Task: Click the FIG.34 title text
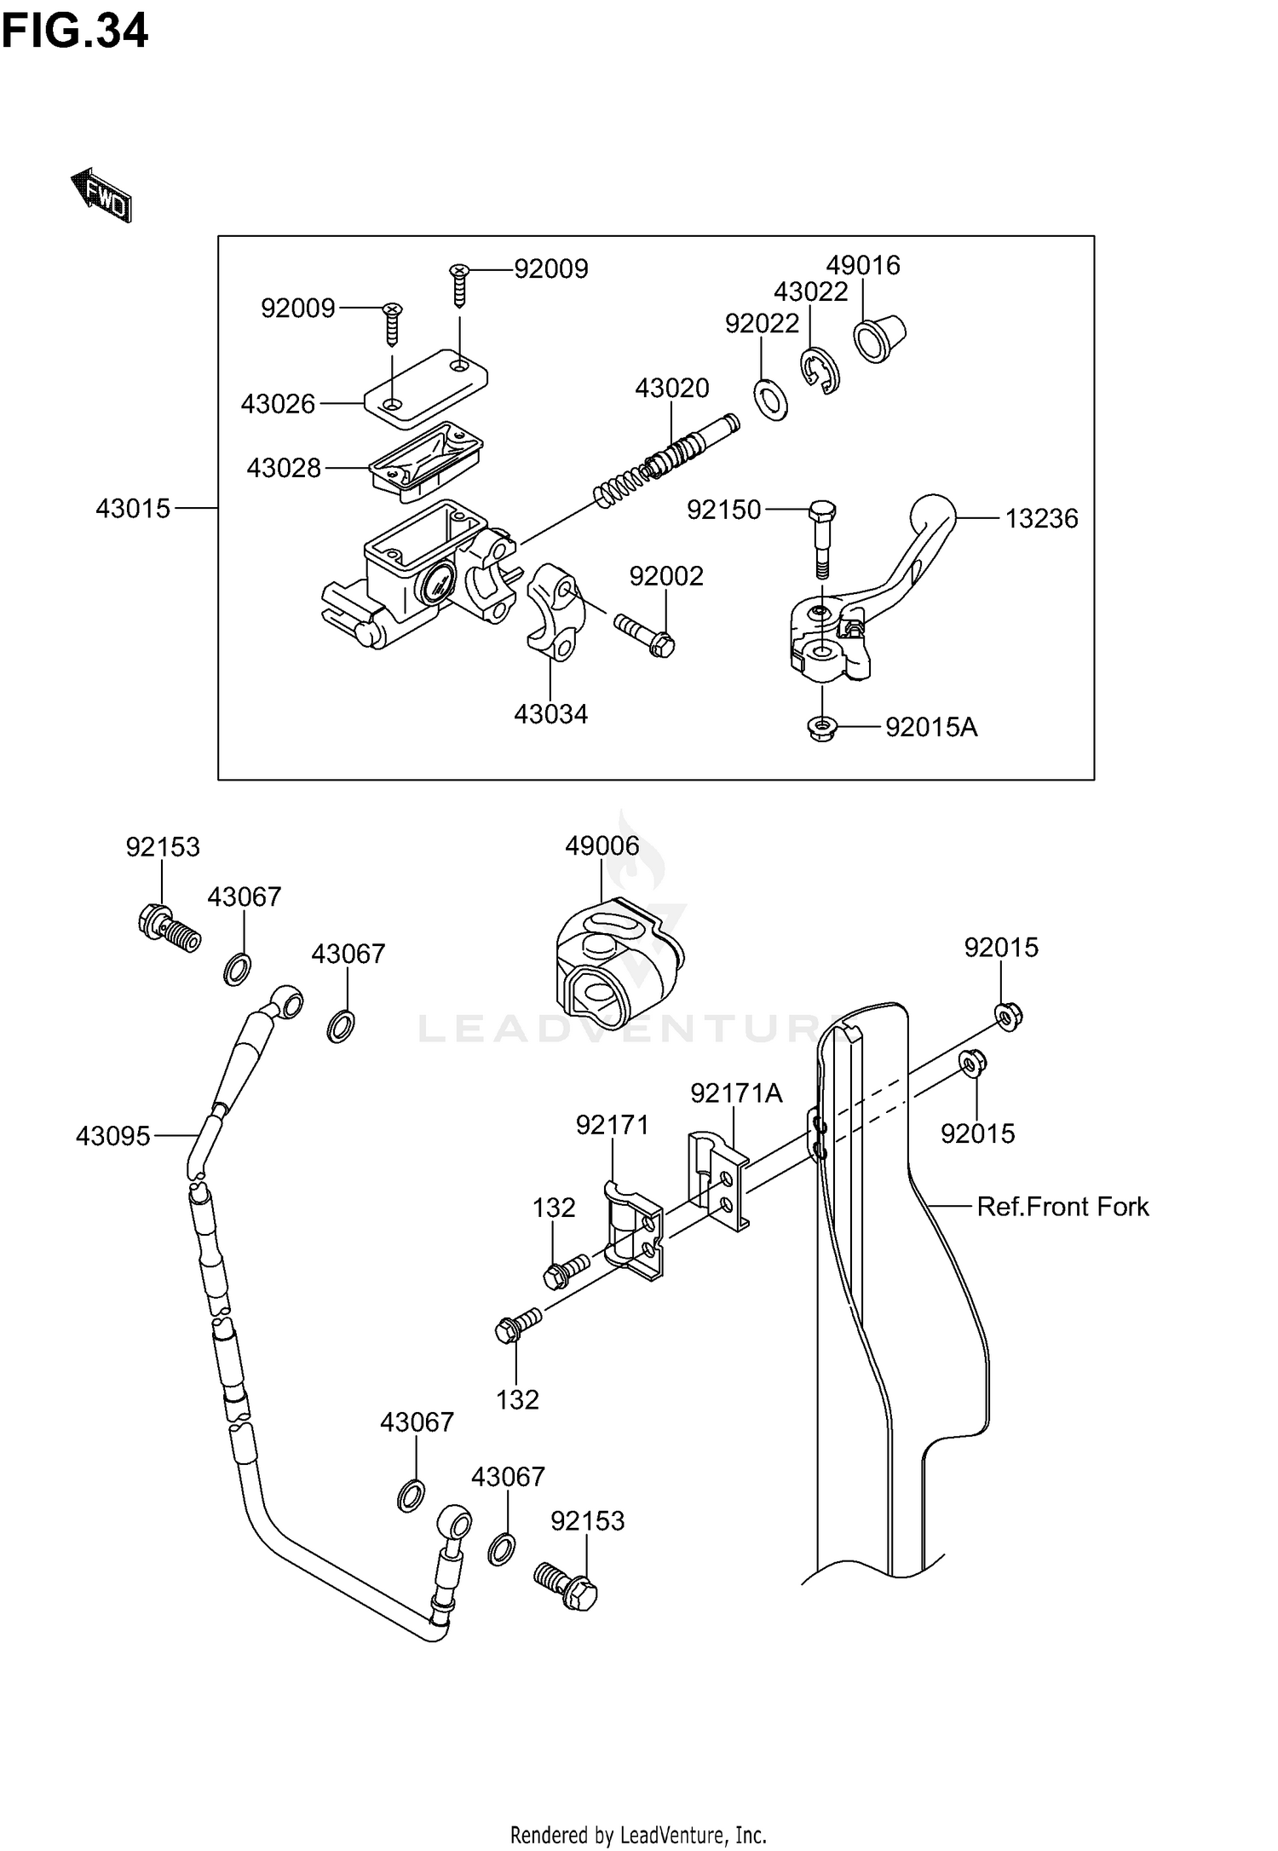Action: [75, 31]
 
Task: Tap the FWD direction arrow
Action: [101, 195]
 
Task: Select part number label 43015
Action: [133, 509]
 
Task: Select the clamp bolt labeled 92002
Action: [644, 634]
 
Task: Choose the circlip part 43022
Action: [820, 372]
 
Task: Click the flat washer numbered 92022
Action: [770, 401]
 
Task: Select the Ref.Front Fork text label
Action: [1062, 1206]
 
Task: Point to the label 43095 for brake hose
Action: [112, 1135]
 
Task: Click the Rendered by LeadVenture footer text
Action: [638, 1834]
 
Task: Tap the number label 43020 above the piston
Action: [671, 389]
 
